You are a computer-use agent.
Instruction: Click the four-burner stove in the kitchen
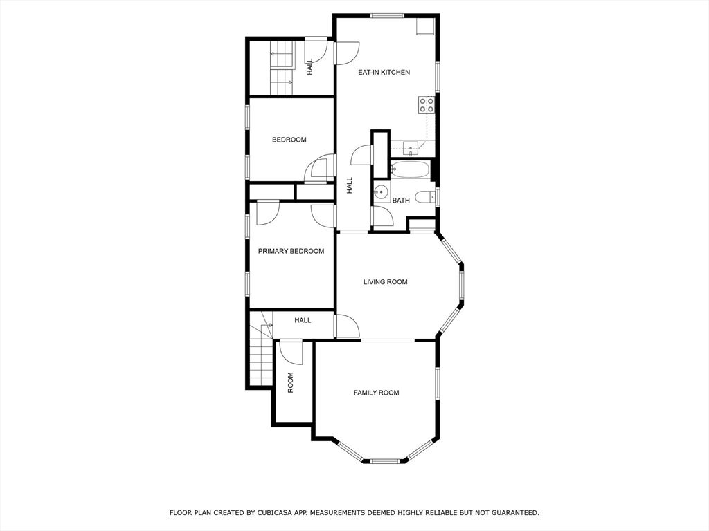click(x=426, y=105)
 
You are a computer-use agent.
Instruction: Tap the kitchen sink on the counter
click(x=411, y=148)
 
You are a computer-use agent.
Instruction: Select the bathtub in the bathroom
click(x=411, y=169)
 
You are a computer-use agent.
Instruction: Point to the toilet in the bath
click(x=424, y=196)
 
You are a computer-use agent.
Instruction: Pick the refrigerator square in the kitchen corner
click(x=424, y=26)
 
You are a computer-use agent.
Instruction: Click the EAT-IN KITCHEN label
click(x=384, y=72)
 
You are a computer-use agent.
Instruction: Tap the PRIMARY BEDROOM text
click(x=291, y=251)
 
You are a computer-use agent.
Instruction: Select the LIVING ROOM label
click(x=385, y=281)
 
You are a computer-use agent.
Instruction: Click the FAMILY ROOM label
click(x=376, y=393)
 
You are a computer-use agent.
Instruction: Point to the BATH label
click(x=401, y=201)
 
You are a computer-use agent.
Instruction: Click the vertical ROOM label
click(x=291, y=382)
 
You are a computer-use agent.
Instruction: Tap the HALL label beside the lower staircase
click(x=303, y=320)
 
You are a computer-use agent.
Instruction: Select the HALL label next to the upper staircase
click(x=309, y=66)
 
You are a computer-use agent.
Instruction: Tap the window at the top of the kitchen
click(x=387, y=15)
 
